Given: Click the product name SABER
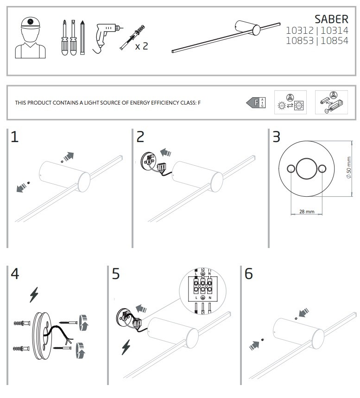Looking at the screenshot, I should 331,19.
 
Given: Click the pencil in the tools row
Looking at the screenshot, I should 82,37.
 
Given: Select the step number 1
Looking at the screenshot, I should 15,137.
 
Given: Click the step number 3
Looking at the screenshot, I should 276,137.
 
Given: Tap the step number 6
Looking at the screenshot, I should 249,274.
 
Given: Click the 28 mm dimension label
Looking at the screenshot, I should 304,211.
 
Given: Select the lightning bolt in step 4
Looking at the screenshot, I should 34,295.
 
